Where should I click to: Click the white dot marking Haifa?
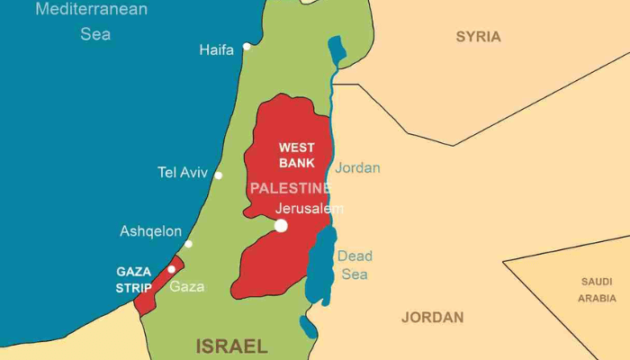[247, 46]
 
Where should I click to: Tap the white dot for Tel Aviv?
[218, 175]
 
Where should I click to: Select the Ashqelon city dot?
[188, 244]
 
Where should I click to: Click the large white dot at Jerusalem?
[281, 225]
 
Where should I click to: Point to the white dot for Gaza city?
[172, 269]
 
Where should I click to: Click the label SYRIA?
[478, 37]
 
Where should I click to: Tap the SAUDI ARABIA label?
[598, 290]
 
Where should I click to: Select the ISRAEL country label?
[232, 346]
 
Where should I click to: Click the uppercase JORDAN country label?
[432, 317]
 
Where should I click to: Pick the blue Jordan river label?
[357, 168]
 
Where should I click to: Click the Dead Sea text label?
[355, 265]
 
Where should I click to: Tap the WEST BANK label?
[296, 155]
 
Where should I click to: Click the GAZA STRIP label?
[133, 279]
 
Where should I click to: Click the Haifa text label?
[216, 50]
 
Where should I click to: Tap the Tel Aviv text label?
[183, 173]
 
